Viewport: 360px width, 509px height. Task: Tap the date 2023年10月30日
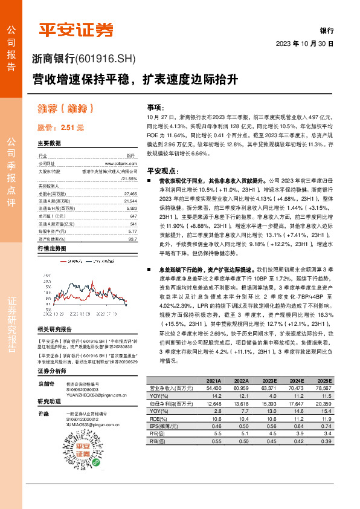tap(304, 44)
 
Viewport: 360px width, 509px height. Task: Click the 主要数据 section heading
tap(50, 144)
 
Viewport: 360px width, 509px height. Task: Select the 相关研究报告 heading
tap(54, 329)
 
